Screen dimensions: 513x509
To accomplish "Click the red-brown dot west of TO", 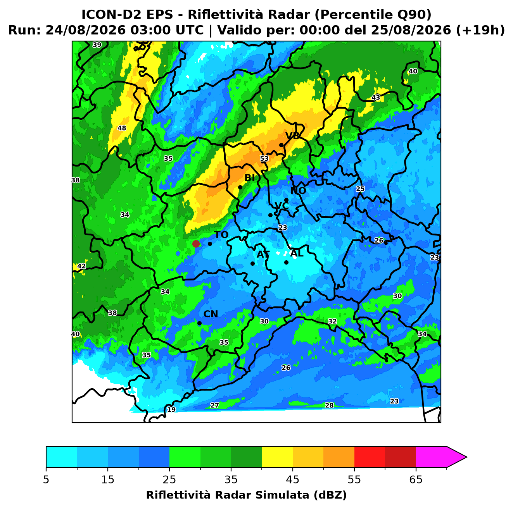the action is (x=196, y=243).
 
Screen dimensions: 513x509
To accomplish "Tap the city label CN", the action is (x=211, y=314).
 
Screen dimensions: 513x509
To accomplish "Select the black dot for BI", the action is (x=240, y=187).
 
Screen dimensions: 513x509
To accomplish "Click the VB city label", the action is (x=292, y=136).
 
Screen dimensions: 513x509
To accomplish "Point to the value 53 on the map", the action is (x=264, y=158).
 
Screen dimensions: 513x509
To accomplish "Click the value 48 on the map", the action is (x=122, y=128).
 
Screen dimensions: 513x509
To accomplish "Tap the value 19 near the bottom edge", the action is (x=171, y=409).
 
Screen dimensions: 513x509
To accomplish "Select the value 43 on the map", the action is (x=376, y=98).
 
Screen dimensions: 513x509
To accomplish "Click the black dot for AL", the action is (x=286, y=262).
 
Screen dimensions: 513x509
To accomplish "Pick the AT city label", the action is (x=263, y=254).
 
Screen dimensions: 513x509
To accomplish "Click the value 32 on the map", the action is (x=332, y=322).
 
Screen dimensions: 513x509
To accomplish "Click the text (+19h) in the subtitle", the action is (x=480, y=30).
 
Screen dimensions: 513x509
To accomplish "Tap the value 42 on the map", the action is (x=81, y=266).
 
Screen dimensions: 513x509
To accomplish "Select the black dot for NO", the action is (x=286, y=200).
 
